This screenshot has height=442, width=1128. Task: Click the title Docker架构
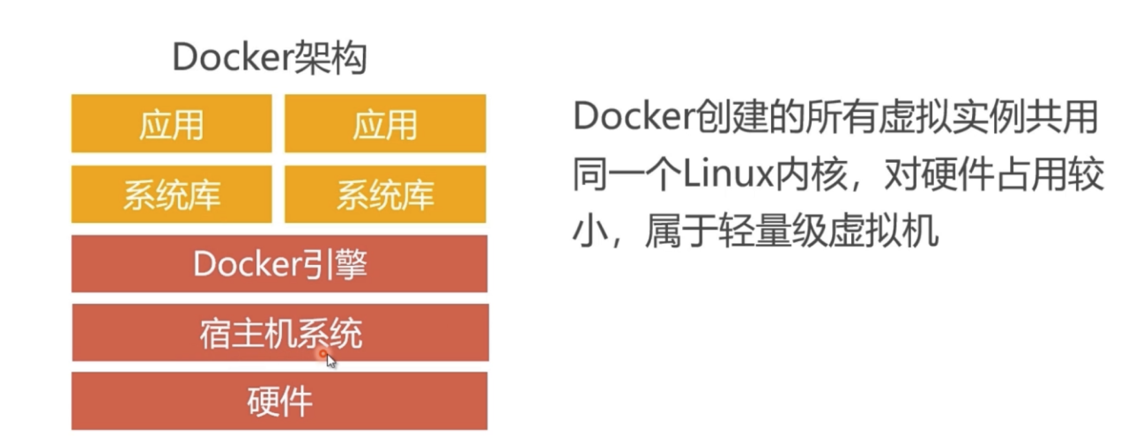coord(270,57)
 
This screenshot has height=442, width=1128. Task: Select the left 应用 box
coord(172,123)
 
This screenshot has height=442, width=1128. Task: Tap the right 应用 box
coord(385,123)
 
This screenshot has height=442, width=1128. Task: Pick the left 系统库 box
coord(172,195)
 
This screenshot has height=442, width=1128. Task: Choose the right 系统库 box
coord(385,195)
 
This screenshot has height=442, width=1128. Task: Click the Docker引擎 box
coord(279,263)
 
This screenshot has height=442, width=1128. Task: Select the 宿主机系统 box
coord(280,332)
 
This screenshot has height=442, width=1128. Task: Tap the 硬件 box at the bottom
coord(279,401)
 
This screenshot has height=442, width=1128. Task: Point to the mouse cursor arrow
coord(330,361)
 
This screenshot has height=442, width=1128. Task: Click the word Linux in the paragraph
coord(728,174)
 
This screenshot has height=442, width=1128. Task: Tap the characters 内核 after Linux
coord(810,174)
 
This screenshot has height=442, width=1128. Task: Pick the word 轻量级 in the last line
coord(773,231)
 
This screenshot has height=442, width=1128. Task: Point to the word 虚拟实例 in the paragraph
coord(952,116)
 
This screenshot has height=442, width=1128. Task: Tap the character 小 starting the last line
coord(590,231)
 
